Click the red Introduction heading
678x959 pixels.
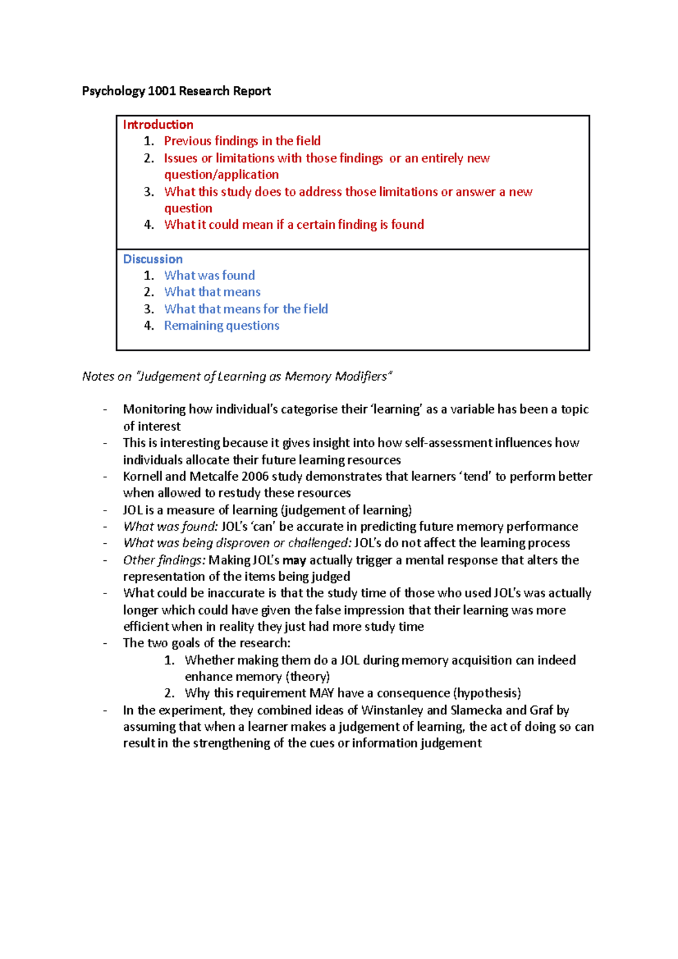pos(158,125)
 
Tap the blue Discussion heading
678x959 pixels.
pos(153,259)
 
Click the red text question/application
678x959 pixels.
pos(221,175)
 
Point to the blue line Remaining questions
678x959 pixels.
pos(221,325)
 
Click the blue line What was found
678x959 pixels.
pos(209,276)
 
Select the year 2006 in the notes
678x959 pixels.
pos(255,476)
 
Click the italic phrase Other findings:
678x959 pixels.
pos(164,560)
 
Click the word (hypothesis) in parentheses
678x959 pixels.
pos(487,693)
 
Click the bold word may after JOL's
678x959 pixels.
pos(294,560)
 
